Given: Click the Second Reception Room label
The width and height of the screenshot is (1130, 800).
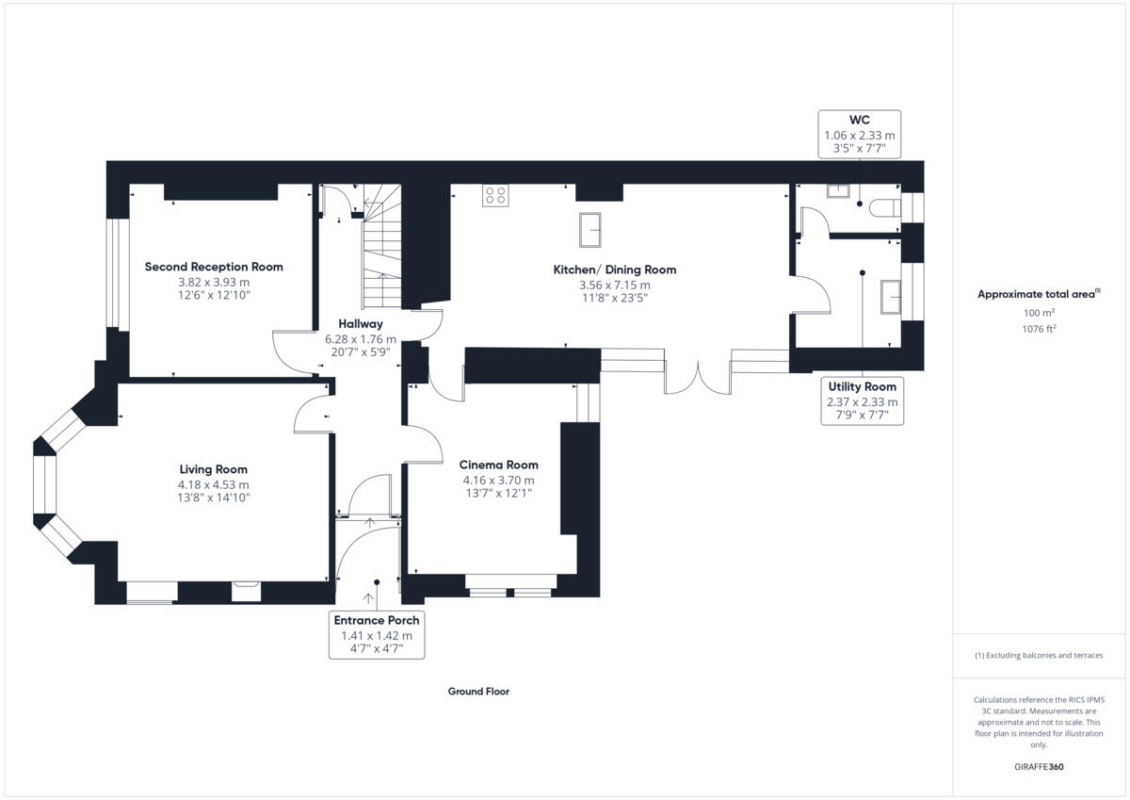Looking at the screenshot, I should coord(214,267).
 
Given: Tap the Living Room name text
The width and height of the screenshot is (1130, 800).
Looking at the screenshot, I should coord(214,469).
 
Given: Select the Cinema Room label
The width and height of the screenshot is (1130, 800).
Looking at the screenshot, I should coord(498,465).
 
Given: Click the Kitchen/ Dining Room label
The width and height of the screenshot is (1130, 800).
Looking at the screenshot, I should coord(614,269).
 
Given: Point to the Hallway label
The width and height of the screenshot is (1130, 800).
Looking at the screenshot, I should coord(361,323).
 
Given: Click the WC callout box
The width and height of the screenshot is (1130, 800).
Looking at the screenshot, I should coord(859,135).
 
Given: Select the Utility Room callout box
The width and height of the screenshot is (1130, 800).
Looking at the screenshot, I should coord(862,400).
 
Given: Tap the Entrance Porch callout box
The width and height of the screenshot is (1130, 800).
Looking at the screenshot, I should coord(376,634).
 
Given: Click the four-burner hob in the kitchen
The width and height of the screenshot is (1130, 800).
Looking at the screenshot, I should coord(495,195).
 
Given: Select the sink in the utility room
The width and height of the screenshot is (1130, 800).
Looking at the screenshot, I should coord(891,296).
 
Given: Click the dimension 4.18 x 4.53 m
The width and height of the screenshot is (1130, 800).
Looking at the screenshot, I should coord(214,484).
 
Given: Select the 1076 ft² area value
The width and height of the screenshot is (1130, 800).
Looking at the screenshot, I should coord(1039,329).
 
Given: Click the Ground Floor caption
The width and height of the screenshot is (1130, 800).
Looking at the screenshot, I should coord(478,691).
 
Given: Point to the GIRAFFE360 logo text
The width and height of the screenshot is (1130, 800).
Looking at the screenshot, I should coord(1039,766).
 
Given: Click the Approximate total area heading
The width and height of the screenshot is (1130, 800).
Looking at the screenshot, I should coord(1037,294).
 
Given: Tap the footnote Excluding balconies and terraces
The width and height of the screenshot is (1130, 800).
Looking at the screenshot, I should coord(1039,655).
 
